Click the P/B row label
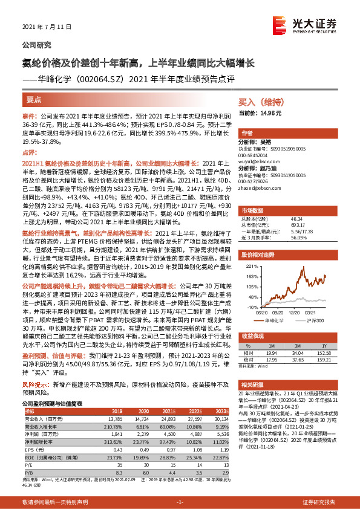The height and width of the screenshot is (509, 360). pos(28,471)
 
